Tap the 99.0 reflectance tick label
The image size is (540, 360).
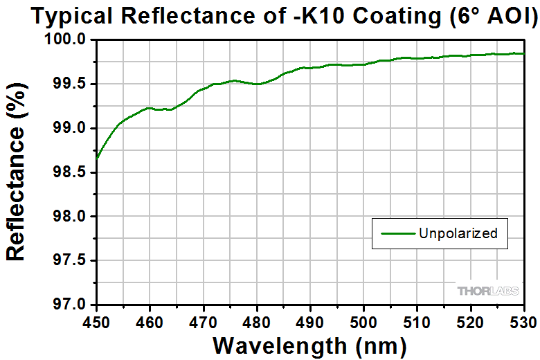(x=71, y=128)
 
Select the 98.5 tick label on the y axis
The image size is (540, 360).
(x=71, y=172)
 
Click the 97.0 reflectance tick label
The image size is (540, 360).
(x=71, y=305)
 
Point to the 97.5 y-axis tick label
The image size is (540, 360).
(x=71, y=260)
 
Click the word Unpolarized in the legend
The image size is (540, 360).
(x=458, y=233)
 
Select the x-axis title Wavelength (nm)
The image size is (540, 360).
(x=309, y=344)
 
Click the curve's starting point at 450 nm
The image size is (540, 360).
(x=97, y=158)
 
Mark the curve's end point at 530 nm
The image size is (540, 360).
(x=523, y=53)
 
